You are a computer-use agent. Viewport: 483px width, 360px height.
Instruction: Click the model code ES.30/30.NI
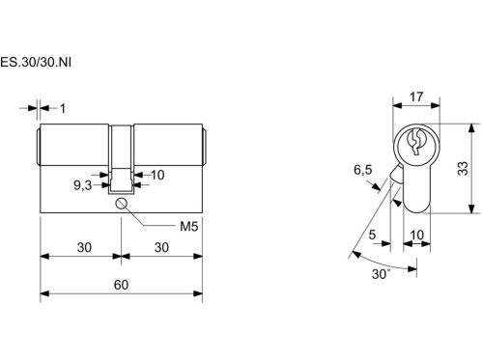click(x=36, y=62)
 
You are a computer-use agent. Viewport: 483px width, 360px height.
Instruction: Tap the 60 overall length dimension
click(x=121, y=285)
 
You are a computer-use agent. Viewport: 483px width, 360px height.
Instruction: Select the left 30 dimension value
click(x=84, y=247)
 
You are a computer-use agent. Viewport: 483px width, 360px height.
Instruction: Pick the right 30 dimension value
click(x=161, y=247)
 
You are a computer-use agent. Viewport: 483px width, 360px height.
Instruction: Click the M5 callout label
click(x=188, y=227)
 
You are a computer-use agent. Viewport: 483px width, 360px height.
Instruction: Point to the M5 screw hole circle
click(x=121, y=204)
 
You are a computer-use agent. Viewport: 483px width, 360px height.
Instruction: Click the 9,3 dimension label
click(x=83, y=185)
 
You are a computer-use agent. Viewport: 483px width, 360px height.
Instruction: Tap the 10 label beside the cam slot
click(x=157, y=175)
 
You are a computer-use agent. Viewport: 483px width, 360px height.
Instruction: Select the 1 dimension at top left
click(x=63, y=109)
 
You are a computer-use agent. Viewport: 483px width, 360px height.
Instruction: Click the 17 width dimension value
click(x=416, y=97)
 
